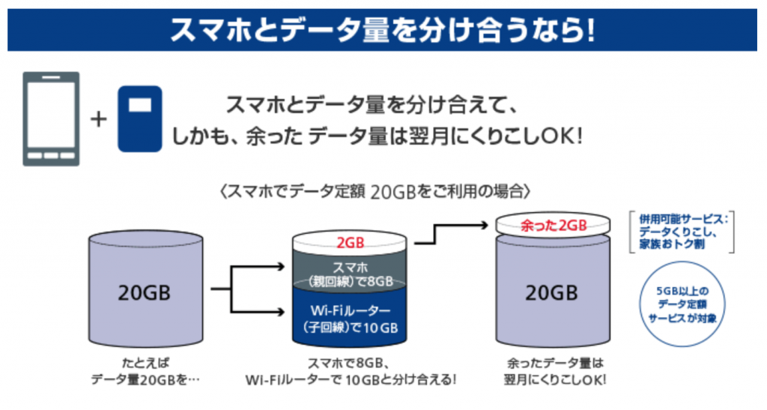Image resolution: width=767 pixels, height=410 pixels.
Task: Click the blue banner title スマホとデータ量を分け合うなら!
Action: pos(383,30)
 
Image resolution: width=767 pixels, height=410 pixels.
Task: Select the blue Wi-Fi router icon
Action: pos(139,118)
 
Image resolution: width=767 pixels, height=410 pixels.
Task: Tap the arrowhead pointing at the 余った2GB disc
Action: pos(486,223)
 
